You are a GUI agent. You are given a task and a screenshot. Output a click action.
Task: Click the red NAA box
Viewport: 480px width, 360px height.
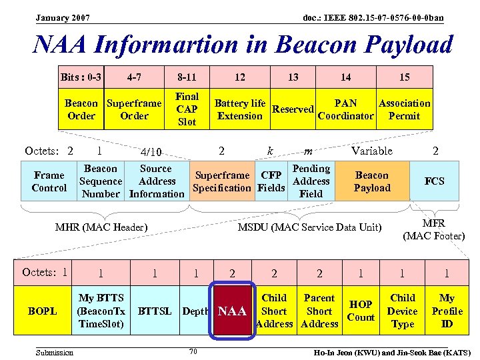(x=233, y=311)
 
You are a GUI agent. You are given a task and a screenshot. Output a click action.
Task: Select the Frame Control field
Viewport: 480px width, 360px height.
(x=49, y=181)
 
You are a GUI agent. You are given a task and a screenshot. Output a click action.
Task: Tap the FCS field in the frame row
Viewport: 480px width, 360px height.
(x=435, y=181)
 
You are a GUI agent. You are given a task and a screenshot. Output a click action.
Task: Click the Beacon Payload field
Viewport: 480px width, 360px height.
(x=371, y=181)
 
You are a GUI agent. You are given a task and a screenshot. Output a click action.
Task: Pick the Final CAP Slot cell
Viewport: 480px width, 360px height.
(x=187, y=109)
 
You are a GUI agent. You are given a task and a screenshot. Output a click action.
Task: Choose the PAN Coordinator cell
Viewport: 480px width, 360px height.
(x=345, y=109)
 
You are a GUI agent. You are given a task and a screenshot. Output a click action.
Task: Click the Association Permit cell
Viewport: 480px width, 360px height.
(x=404, y=109)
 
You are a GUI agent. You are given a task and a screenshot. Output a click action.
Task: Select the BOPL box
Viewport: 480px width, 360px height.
(x=43, y=311)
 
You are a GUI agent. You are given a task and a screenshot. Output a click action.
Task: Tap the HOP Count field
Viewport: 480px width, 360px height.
(x=361, y=311)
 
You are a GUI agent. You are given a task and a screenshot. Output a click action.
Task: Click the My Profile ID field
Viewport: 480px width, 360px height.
(x=447, y=311)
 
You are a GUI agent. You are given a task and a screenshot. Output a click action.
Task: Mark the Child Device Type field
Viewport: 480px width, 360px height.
(x=403, y=311)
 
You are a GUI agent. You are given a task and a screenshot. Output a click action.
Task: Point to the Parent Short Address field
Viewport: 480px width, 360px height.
(x=319, y=311)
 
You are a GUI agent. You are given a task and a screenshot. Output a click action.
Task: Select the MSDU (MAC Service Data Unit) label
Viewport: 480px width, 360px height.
(x=309, y=227)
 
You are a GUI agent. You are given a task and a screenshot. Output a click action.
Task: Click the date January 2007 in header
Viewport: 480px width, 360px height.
(x=63, y=17)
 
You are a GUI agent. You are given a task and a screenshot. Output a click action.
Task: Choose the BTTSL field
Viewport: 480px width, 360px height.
(x=155, y=311)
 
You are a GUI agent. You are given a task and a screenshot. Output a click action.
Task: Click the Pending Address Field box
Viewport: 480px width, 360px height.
(x=311, y=181)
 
